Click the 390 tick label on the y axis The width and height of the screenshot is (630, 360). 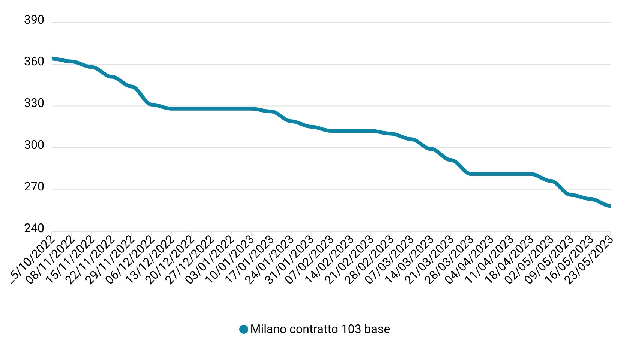click(x=34, y=20)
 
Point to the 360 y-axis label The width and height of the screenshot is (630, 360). click(x=34, y=61)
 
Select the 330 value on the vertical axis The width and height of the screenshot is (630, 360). click(x=34, y=103)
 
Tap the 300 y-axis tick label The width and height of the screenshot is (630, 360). click(x=34, y=145)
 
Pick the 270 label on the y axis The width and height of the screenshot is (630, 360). click(x=34, y=187)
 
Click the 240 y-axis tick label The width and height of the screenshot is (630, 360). click(x=34, y=228)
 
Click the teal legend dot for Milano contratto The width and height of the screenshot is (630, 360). click(x=244, y=329)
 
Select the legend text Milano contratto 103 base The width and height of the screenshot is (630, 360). click(x=320, y=329)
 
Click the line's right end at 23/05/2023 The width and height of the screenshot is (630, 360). click(x=610, y=206)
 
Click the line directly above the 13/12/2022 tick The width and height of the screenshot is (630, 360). click(x=171, y=109)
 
